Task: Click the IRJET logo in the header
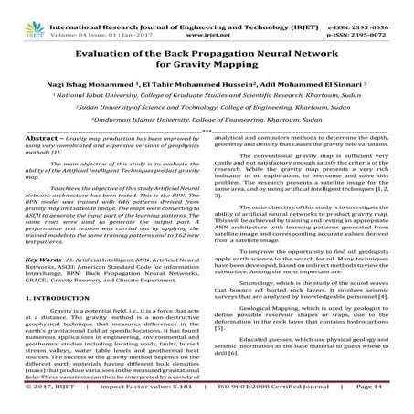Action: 22,12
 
